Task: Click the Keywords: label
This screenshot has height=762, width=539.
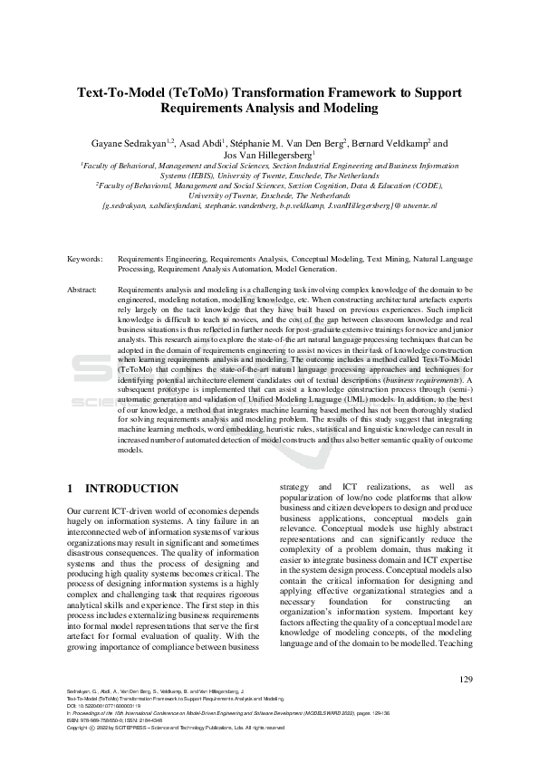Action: pyautogui.click(x=85, y=259)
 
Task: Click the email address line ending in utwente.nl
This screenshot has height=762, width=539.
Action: pyautogui.click(x=270, y=206)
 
